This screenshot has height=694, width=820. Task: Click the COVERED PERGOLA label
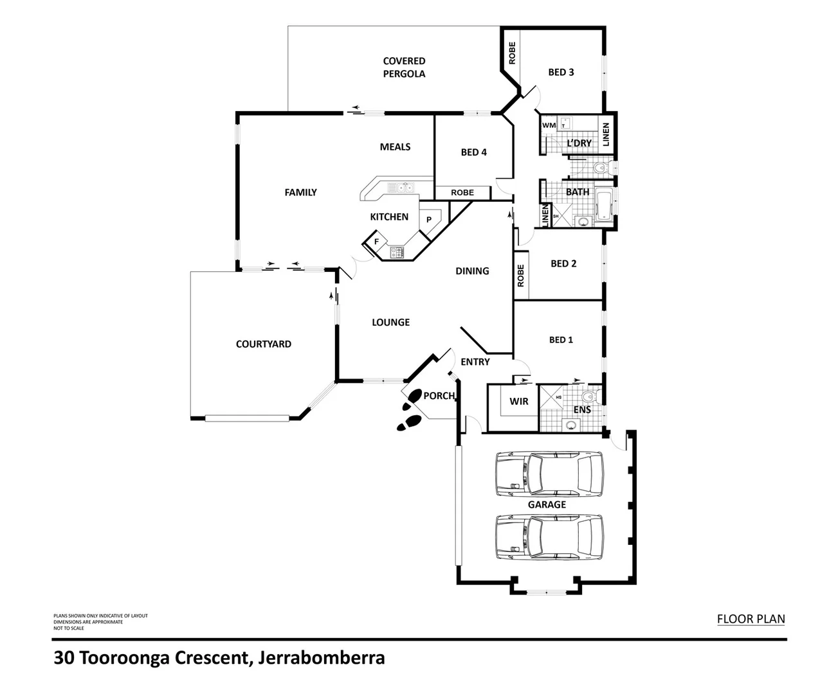[404, 67]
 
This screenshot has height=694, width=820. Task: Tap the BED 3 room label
[561, 72]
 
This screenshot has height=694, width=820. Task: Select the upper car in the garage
[549, 474]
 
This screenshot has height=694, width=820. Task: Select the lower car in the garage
[549, 536]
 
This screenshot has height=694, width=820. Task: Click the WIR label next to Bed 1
[518, 402]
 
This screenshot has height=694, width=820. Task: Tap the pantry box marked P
[429, 220]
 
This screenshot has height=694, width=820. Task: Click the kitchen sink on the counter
[403, 188]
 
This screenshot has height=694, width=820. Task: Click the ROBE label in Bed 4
[462, 193]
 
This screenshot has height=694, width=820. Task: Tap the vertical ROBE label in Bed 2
[520, 276]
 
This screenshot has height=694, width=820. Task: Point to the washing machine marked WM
[549, 125]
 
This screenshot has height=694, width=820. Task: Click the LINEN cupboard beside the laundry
[606, 134]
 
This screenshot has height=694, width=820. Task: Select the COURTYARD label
[263, 344]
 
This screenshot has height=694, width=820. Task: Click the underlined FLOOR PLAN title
[751, 619]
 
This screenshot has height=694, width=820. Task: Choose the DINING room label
[472, 271]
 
